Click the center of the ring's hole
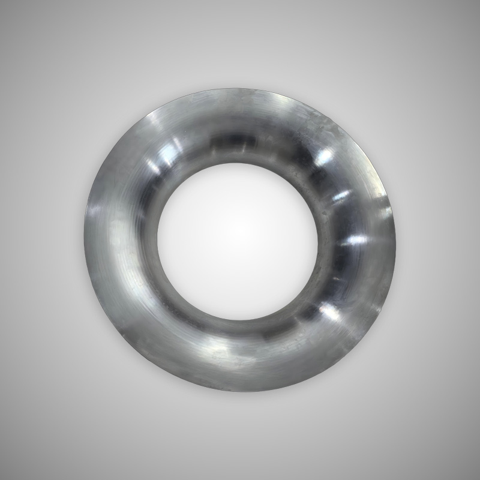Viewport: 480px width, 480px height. click(x=238, y=240)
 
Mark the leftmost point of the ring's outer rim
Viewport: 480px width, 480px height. click(x=85, y=240)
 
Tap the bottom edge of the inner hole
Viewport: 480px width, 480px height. click(x=238, y=319)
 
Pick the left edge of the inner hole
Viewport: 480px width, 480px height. click(x=158, y=240)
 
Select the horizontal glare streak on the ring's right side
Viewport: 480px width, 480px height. click(x=354, y=240)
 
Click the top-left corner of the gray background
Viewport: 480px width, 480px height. click(x=2, y=2)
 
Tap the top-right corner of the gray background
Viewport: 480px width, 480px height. click(x=478, y=2)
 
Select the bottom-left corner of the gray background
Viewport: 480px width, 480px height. click(x=2, y=478)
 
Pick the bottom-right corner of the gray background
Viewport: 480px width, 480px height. click(x=478, y=478)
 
